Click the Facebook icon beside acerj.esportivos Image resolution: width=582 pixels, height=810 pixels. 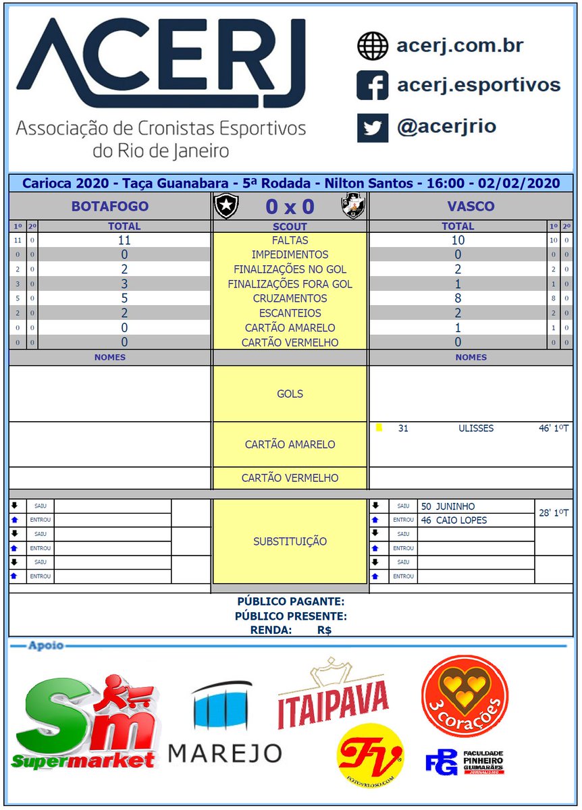[x=372, y=85]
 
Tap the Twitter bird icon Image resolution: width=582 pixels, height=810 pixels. [x=372, y=127]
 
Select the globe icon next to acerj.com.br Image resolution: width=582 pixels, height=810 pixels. [x=372, y=46]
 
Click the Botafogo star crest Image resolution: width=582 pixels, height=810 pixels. [x=226, y=206]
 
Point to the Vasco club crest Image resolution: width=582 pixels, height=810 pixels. [x=352, y=206]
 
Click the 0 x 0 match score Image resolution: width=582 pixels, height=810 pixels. [x=290, y=207]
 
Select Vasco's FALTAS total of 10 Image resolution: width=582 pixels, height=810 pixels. [x=458, y=240]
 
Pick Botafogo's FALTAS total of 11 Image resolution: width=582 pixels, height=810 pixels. [x=124, y=240]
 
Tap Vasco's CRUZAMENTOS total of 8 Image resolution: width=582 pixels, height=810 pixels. [x=458, y=298]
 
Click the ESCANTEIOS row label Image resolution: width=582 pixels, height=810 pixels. [x=290, y=313]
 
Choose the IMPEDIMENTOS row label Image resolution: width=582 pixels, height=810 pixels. [x=290, y=255]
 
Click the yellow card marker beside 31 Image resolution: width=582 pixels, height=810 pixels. [x=379, y=427]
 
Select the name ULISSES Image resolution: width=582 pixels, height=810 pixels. [x=475, y=428]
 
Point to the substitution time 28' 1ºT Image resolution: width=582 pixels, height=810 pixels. [x=554, y=514]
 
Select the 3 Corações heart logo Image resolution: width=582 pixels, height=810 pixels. [x=464, y=695]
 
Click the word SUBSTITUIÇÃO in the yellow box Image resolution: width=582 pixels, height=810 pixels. [x=290, y=541]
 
